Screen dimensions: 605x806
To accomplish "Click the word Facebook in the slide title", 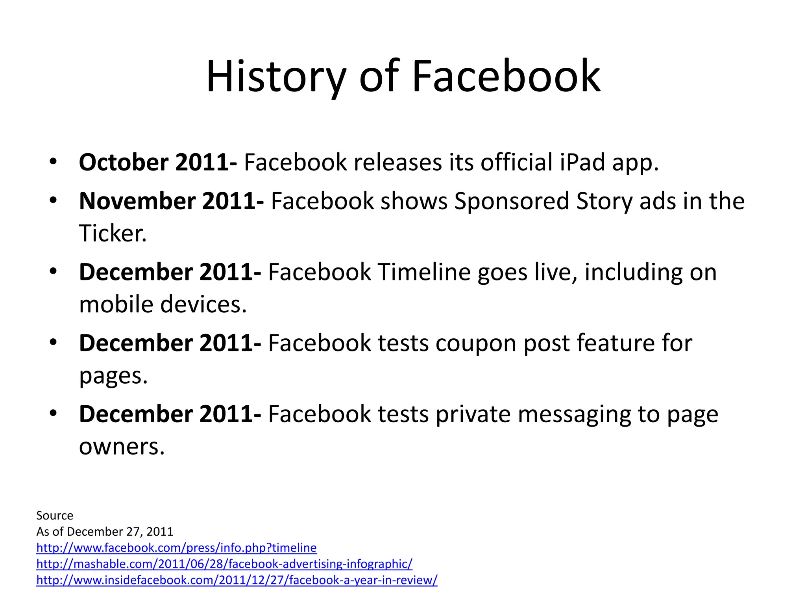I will pos(506,76).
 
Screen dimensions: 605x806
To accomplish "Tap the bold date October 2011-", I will pos(158,162).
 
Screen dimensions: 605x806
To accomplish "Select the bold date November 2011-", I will pos(171,201).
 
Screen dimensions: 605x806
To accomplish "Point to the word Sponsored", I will pos(512,201).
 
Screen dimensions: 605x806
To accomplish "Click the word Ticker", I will pos(113,233).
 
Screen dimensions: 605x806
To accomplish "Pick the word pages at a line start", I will pos(113,376).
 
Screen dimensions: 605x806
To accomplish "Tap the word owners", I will pos(122,447).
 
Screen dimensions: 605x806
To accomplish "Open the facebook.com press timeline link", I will pos(176,548).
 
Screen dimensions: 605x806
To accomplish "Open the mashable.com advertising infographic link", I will pos(224,564).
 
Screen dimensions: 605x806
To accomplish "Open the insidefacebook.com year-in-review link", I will pos(237,580).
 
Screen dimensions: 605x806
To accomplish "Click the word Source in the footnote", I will pos(55,516).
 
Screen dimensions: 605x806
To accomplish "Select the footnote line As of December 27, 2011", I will pos(105,532).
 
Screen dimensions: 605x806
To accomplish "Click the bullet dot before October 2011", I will pos(54,161).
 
